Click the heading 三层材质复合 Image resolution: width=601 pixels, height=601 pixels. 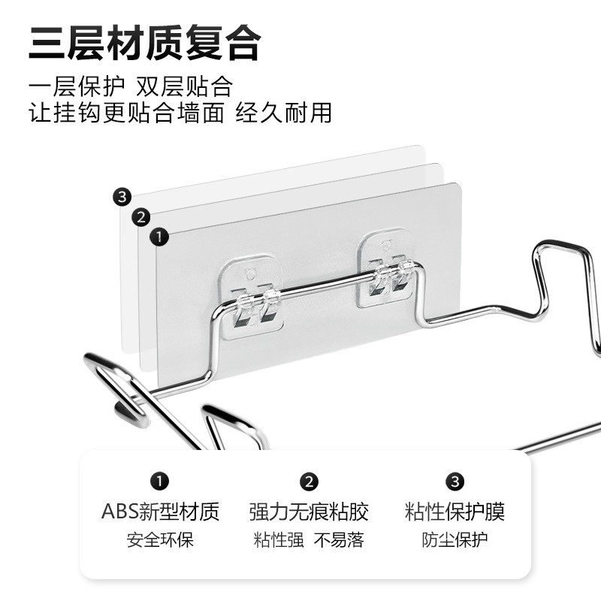pyautogui.click(x=144, y=43)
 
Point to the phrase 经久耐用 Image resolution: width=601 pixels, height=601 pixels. pyautogui.click(x=283, y=113)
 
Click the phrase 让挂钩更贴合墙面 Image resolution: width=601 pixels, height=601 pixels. pyautogui.click(x=126, y=113)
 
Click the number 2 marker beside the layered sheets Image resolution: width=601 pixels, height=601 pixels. pyautogui.click(x=140, y=218)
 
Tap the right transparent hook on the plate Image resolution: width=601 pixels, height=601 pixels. pyautogui.click(x=388, y=274)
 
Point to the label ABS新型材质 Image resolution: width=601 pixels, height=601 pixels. pyautogui.click(x=160, y=512)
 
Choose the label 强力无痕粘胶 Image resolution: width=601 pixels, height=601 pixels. pyautogui.click(x=309, y=512)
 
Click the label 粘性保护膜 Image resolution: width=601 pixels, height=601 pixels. pyautogui.click(x=455, y=512)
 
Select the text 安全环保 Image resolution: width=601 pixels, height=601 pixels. pyautogui.click(x=160, y=539)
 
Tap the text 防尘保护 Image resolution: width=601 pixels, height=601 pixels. pyautogui.click(x=455, y=539)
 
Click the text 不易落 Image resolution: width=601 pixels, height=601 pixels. pyautogui.click(x=339, y=539)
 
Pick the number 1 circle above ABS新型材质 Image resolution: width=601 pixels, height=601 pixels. pyautogui.click(x=160, y=482)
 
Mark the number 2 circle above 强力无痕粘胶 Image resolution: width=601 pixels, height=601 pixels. pyautogui.click(x=309, y=482)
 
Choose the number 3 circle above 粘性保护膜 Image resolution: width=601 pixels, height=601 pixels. pyautogui.click(x=455, y=482)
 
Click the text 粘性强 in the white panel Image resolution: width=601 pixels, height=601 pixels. pyautogui.click(x=279, y=539)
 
